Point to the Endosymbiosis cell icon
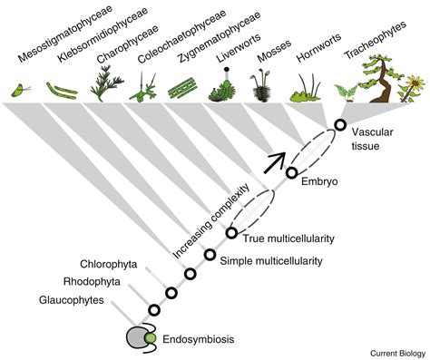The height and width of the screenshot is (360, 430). (x=141, y=337)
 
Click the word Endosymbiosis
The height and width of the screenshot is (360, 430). (x=199, y=339)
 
